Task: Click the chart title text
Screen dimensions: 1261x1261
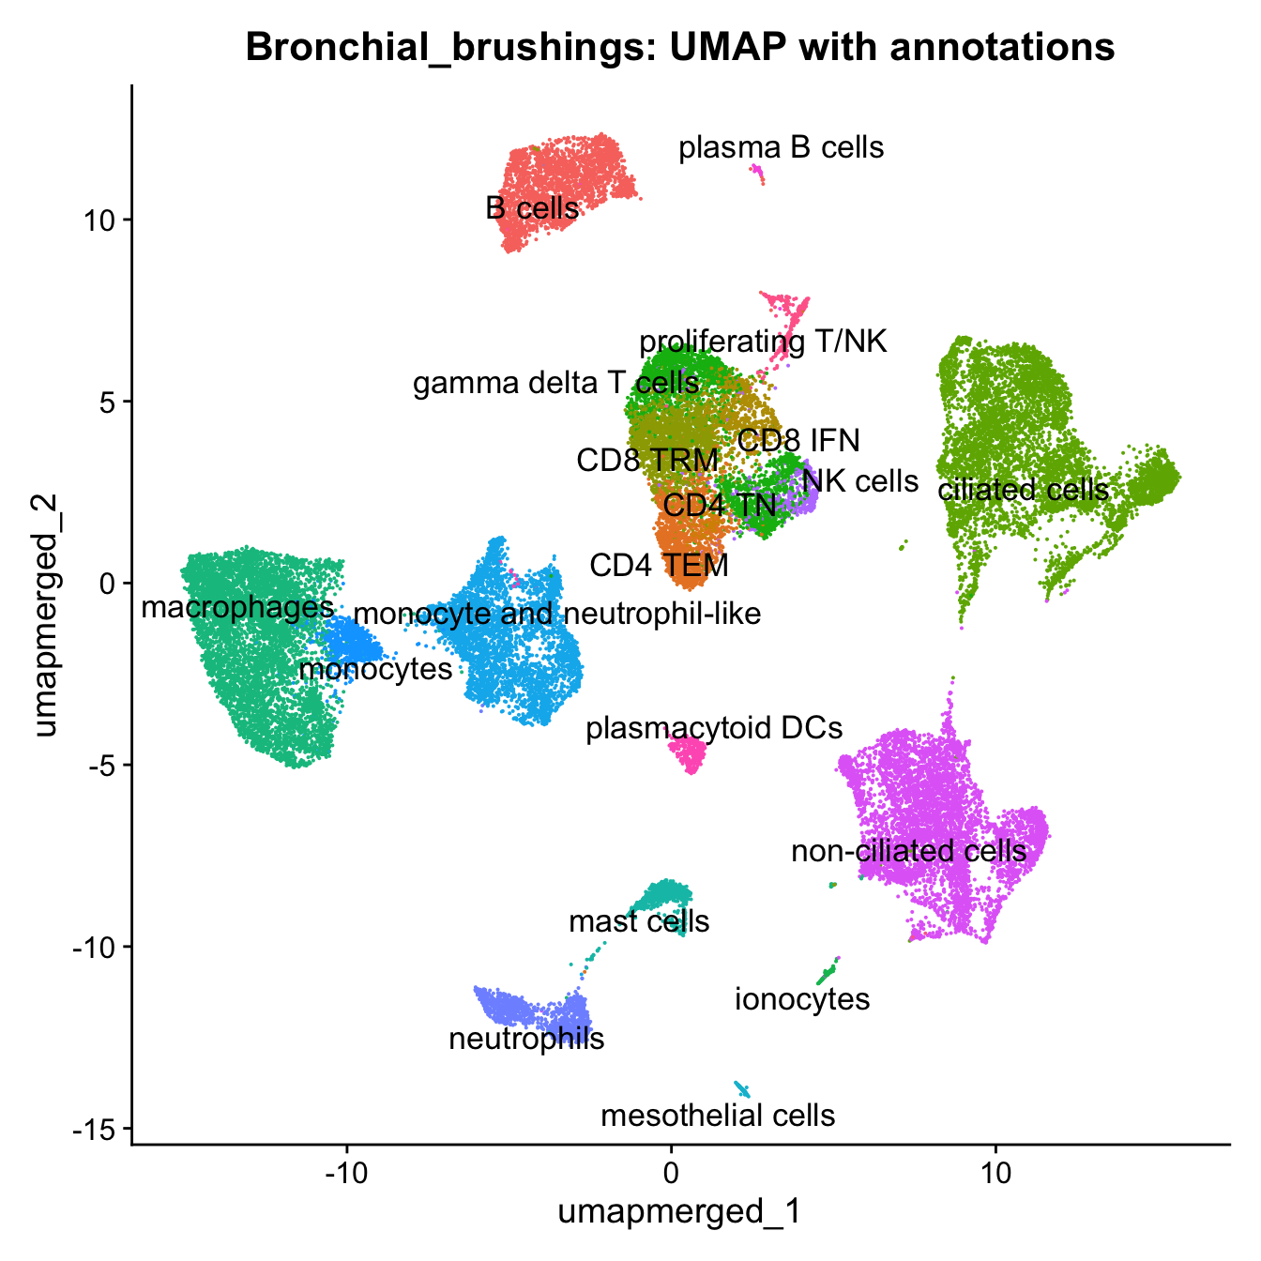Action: [x=680, y=46]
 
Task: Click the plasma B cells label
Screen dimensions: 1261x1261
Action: [x=781, y=147]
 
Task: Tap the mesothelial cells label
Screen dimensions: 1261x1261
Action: [x=718, y=1116]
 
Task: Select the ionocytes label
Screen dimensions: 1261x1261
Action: [x=802, y=999]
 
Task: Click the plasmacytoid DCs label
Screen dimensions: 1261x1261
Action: [x=714, y=728]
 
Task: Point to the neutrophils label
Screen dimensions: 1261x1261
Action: [x=526, y=1039]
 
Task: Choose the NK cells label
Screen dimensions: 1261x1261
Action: [x=860, y=481]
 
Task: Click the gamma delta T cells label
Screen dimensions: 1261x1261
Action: [x=555, y=383]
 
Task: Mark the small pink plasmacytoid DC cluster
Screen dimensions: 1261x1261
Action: [x=691, y=752]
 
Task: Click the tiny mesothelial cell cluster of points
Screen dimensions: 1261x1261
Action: [x=743, y=1088]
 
